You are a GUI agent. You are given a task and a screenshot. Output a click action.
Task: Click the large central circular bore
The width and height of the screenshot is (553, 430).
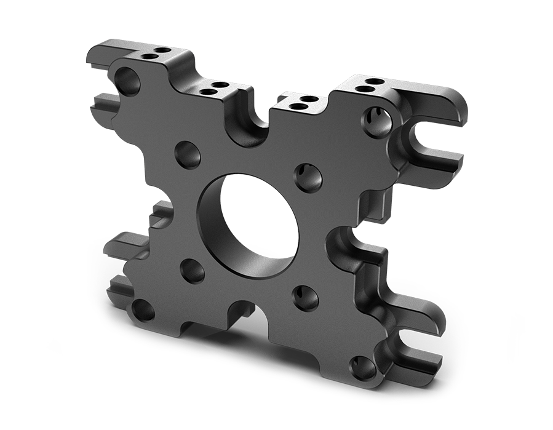[246, 225]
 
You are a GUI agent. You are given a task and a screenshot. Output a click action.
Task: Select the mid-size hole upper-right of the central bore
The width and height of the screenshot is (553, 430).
[307, 177]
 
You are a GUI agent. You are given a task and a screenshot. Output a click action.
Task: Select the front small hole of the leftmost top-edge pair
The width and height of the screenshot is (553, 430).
[149, 57]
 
